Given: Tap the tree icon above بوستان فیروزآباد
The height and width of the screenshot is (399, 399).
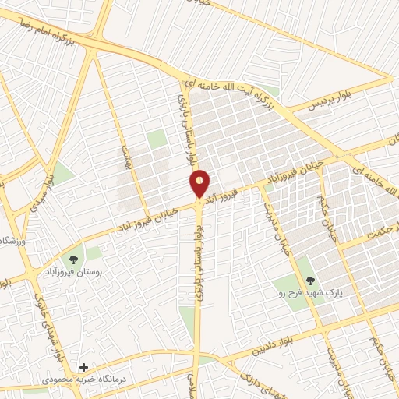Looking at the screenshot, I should tap(73, 260).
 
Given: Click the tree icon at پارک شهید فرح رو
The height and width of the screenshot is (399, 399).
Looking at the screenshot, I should tap(310, 280).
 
